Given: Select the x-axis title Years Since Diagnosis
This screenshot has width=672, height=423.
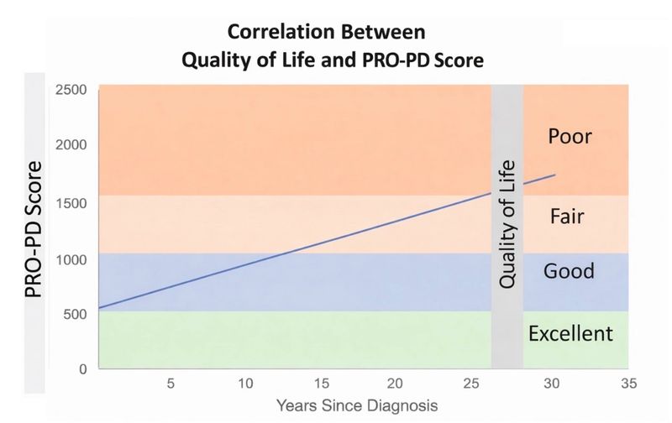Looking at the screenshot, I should click(x=357, y=405).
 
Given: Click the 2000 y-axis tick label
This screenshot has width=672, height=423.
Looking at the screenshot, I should click(x=71, y=146).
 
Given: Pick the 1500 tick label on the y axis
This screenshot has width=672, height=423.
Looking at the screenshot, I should click(x=71, y=202).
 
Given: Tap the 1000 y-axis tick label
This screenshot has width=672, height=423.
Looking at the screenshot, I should click(x=71, y=258).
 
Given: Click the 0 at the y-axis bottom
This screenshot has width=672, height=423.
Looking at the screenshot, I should click(x=82, y=369).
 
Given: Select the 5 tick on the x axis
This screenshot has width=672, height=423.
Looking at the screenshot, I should click(x=171, y=384).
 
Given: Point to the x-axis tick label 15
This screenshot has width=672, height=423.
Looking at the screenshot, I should click(x=322, y=384).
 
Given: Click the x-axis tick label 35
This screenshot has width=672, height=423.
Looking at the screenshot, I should click(x=627, y=384).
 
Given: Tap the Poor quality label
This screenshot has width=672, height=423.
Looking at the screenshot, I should click(x=570, y=136).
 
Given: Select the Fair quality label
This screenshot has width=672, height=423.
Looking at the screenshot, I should click(x=567, y=217).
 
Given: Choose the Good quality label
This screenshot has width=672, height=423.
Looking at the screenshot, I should click(x=569, y=271).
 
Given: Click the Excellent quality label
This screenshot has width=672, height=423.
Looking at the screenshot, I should click(x=570, y=334).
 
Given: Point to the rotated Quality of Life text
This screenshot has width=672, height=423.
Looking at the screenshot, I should click(x=507, y=223).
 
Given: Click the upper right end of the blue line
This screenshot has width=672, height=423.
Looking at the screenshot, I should click(x=554, y=175).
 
